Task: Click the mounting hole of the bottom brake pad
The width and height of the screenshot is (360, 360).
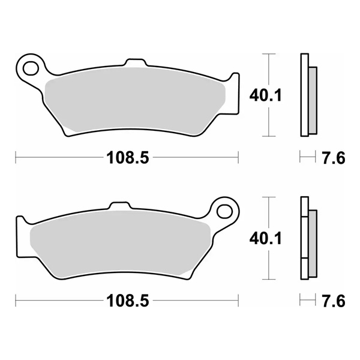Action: coord(225,211)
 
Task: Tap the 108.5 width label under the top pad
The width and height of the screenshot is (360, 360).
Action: coord(127,158)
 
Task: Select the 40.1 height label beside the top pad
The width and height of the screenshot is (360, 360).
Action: coord(262,94)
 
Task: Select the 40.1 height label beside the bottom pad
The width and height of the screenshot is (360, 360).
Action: coord(262,238)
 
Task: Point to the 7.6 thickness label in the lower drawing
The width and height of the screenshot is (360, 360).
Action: coord(334,301)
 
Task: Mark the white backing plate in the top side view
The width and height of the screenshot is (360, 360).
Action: coord(303,96)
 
